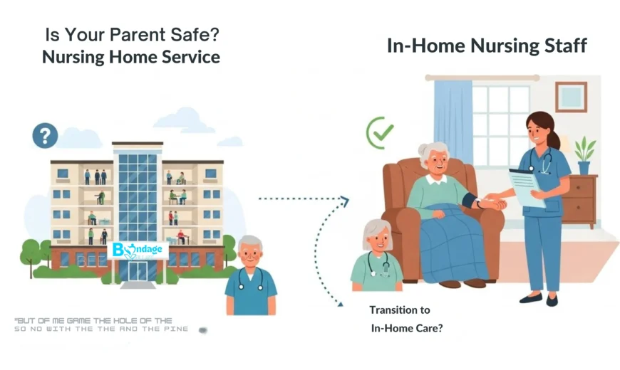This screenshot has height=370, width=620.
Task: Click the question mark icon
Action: click(45, 135)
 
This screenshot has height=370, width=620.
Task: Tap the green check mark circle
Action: click(380, 132)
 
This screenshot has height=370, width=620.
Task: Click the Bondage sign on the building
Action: click(138, 250)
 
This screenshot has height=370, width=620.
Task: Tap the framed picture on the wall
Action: click(571, 97)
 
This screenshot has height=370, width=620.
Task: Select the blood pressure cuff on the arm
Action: click(470, 201)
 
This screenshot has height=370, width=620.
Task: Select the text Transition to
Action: click(400, 310)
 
